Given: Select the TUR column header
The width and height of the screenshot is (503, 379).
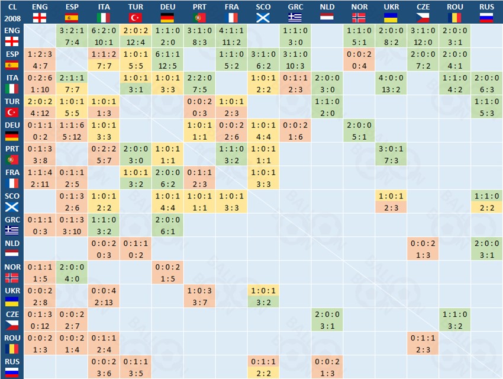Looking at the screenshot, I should tap(135, 7).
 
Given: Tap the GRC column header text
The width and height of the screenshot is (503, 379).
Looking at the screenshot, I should tap(295, 7).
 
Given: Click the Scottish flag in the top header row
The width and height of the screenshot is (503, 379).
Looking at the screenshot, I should tap(263, 18).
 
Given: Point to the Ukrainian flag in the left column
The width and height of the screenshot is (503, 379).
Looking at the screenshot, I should tap(12, 301).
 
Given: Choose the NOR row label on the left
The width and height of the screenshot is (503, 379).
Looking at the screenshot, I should tap(12, 266).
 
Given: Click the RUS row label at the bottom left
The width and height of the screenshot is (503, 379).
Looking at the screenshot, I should tap(12, 361).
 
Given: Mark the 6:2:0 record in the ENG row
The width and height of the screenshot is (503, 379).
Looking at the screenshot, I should tap(103, 30).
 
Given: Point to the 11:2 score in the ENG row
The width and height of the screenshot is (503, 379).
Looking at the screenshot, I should tap(231, 42).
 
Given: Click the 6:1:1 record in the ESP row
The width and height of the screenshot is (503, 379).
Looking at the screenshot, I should tap(167, 54).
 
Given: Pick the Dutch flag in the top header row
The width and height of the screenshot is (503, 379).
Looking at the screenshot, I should tap(327, 18).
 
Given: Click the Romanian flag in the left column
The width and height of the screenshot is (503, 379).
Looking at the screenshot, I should tap(12, 348).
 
